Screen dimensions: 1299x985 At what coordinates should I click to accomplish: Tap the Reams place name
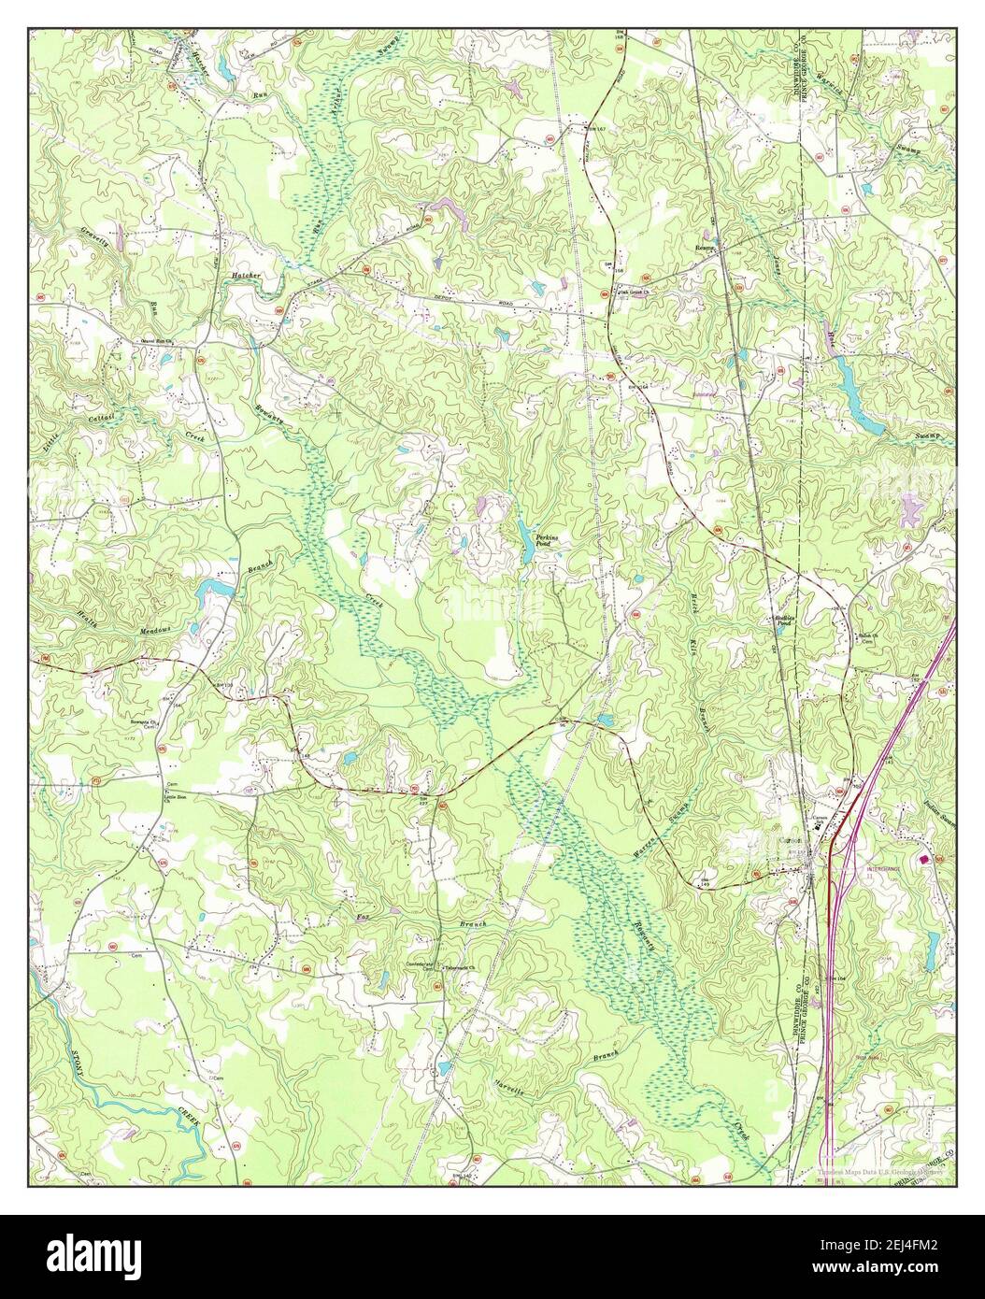[x=704, y=248]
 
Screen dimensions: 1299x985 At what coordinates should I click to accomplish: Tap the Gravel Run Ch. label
[x=134, y=343]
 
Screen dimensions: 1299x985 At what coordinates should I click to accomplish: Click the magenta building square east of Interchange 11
[x=924, y=859]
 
